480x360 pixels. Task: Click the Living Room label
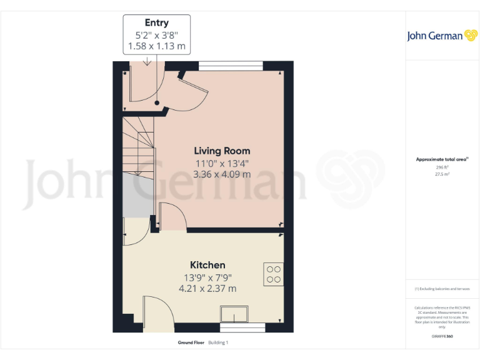point(222,151)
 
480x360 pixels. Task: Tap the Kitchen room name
point(207,265)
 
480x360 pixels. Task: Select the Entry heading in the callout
point(157,23)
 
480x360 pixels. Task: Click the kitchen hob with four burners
point(274,274)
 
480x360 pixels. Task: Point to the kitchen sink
point(234,314)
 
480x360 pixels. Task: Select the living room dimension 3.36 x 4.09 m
point(222,174)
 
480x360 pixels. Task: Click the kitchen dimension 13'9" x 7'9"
point(207,277)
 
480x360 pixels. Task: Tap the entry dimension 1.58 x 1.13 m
point(157,46)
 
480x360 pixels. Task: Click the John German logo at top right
point(442,36)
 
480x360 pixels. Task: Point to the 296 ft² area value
point(442,167)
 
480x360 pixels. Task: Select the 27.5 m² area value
point(442,174)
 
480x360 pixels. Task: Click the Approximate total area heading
point(442,159)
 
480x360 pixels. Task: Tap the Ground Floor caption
point(191,342)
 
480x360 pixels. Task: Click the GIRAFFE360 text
point(442,336)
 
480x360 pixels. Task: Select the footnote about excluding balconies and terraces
point(442,289)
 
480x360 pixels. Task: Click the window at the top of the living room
point(231,65)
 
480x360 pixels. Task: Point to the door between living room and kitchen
point(172,217)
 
